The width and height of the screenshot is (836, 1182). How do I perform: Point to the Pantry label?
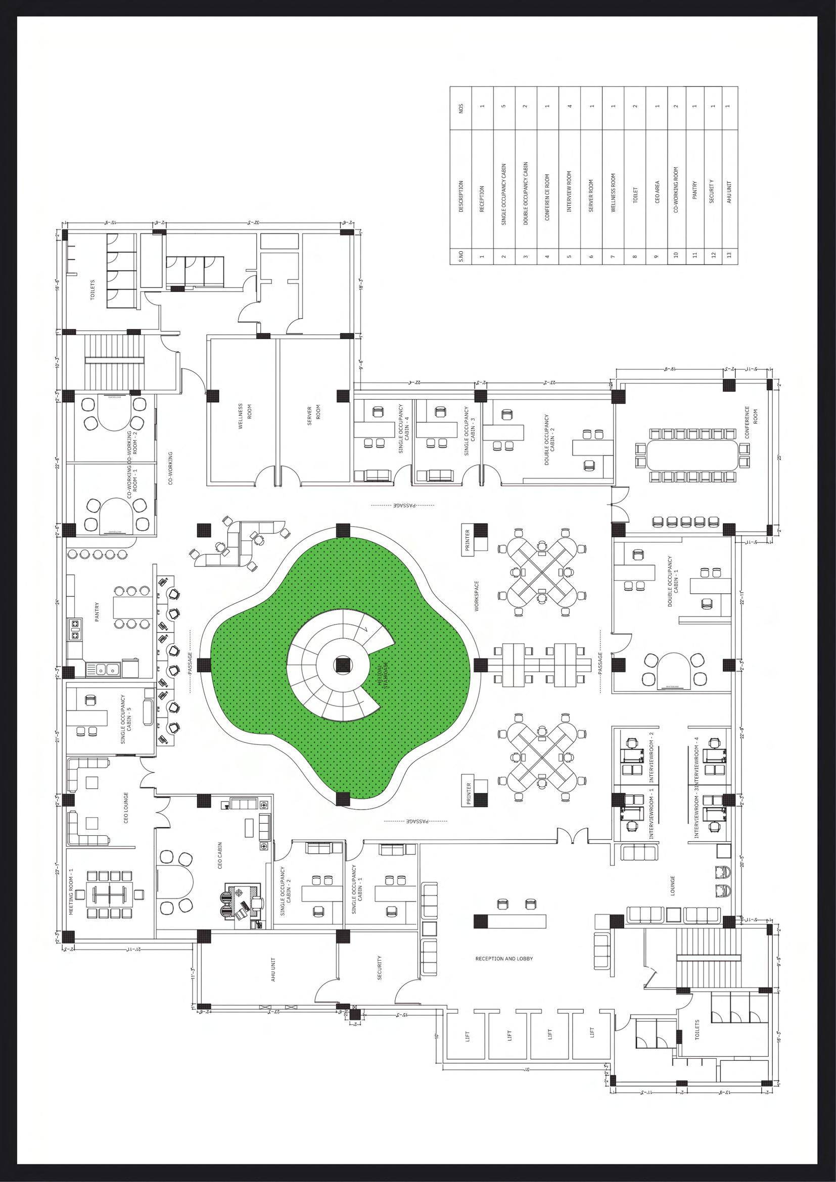[97, 612]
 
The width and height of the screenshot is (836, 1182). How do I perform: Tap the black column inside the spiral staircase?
[341, 665]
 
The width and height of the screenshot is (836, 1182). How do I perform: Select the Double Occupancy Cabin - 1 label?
[673, 582]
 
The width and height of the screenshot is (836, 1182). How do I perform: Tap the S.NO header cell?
[461, 256]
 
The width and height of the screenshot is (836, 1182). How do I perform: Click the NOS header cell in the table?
[461, 109]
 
